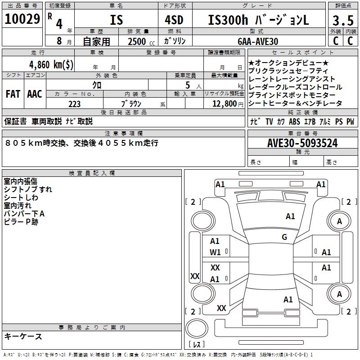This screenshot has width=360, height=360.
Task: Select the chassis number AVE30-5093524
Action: click(x=302, y=143)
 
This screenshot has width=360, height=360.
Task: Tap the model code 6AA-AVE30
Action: click(x=258, y=41)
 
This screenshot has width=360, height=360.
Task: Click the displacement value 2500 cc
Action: click(x=137, y=41)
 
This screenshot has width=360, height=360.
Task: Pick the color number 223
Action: click(x=75, y=104)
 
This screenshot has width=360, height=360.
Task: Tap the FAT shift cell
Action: click(x=13, y=94)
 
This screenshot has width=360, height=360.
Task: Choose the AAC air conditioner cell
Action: click(x=35, y=94)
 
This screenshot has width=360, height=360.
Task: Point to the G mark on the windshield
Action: click(x=284, y=237)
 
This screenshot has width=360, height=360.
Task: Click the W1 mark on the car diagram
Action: click(x=215, y=252)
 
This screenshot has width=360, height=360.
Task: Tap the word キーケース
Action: click(x=23, y=336)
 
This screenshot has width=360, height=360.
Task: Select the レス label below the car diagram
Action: click(x=196, y=345)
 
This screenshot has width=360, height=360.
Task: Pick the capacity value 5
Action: click(x=186, y=85)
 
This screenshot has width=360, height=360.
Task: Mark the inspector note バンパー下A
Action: click(x=24, y=213)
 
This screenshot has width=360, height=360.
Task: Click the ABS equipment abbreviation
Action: click(x=294, y=121)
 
